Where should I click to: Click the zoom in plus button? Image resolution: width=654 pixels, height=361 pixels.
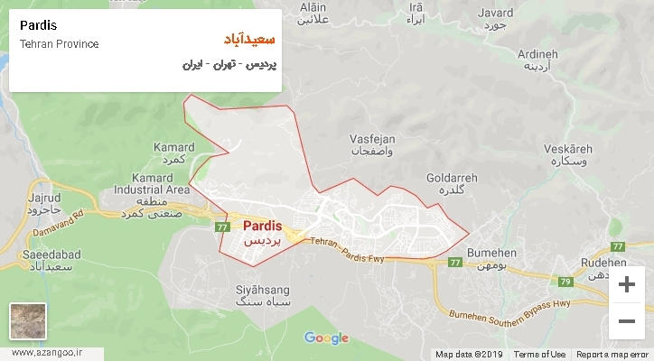[626, 285]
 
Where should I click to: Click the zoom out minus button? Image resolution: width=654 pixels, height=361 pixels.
[626, 319]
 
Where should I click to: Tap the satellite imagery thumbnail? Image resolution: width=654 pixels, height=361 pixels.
[27, 320]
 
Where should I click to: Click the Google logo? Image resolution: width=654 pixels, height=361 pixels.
[326, 338]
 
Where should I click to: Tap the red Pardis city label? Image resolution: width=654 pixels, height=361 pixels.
[263, 227]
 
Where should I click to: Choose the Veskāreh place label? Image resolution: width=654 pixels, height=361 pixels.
[566, 149]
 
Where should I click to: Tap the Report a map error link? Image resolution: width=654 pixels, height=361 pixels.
[613, 355]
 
